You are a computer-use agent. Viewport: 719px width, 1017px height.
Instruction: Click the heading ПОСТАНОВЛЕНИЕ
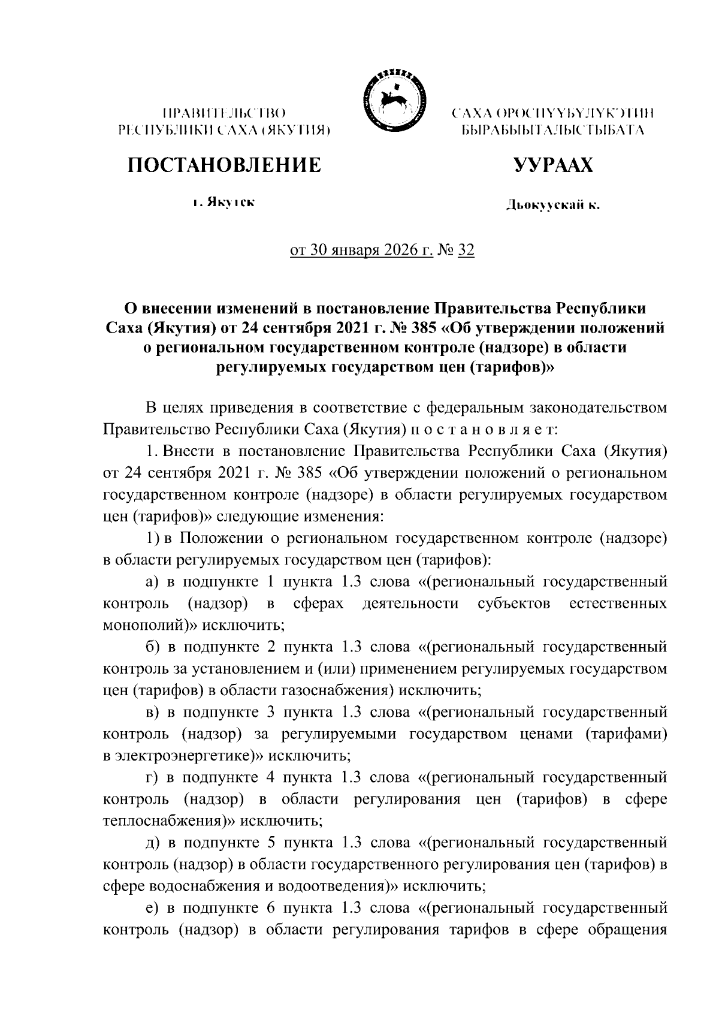pos(223,165)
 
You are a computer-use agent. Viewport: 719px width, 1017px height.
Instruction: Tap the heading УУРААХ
pos(554,165)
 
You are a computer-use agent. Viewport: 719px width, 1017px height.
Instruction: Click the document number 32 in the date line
pos(466,251)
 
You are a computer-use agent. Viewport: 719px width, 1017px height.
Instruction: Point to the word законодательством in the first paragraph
pos(599,408)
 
